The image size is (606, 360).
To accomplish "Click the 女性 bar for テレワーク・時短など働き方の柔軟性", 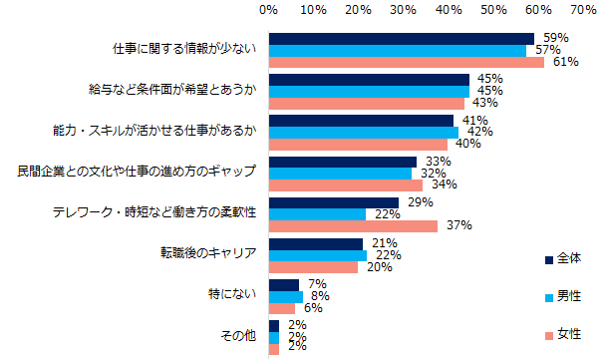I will (353, 226).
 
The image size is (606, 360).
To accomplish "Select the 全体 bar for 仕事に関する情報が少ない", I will (402, 39).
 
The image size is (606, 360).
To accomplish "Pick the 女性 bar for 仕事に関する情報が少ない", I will (406, 62).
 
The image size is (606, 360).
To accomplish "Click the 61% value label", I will (567, 62).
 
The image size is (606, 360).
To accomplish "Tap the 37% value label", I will (459, 226).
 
